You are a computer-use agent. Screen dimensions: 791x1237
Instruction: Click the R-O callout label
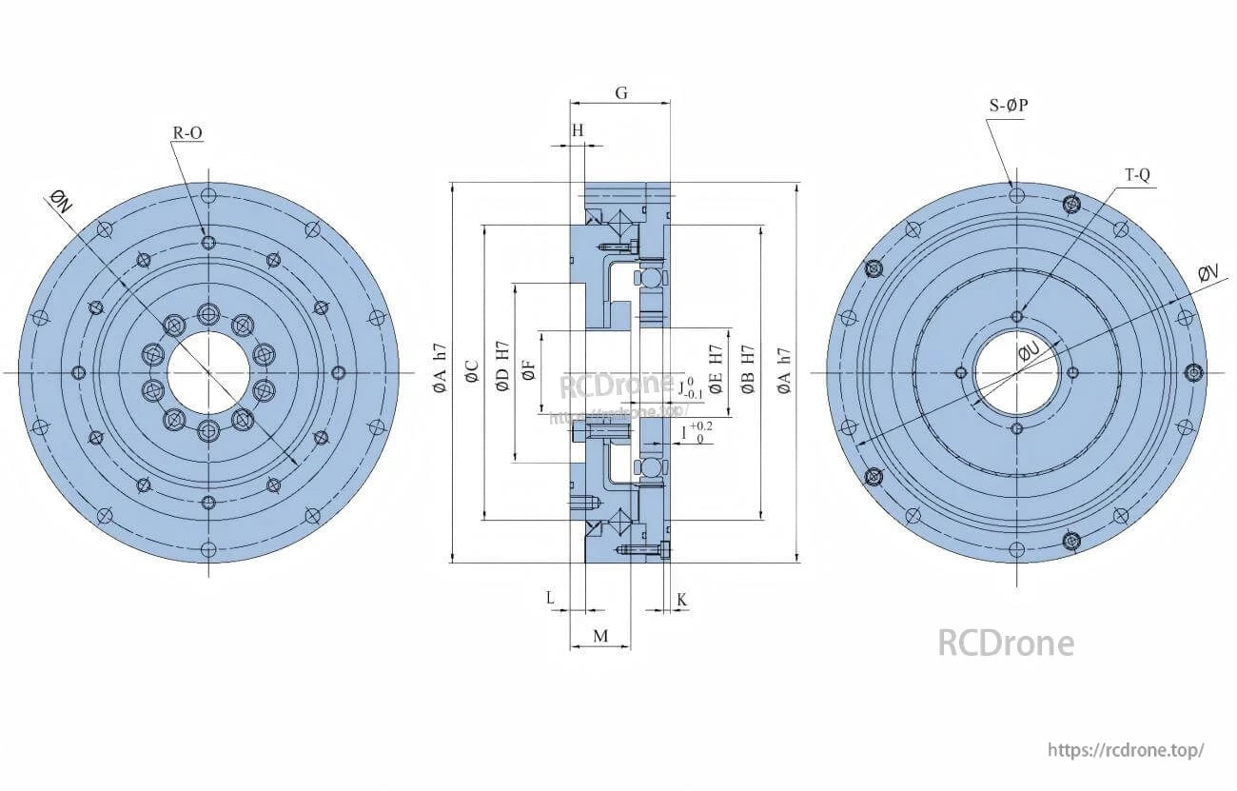(187, 133)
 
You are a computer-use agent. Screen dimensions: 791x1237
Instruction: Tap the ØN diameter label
(60, 202)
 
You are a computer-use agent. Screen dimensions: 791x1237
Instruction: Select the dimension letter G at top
(620, 92)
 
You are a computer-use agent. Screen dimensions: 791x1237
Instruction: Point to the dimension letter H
(578, 130)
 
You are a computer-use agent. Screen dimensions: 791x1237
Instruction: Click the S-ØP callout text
(1009, 106)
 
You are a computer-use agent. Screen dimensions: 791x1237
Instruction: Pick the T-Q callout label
(1138, 175)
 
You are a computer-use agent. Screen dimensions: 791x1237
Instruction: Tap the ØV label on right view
(1208, 273)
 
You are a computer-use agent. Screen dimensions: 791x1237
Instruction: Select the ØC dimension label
(472, 372)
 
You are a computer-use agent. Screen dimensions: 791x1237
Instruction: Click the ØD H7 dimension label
(501, 366)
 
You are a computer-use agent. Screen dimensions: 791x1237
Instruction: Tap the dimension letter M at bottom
(599, 635)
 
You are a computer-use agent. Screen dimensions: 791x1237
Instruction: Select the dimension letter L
(550, 597)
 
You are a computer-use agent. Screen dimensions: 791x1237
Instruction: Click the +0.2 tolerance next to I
(701, 426)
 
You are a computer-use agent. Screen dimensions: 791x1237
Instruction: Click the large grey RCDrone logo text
(1006, 643)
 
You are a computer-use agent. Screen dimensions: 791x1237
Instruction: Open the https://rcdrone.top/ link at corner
(1126, 749)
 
